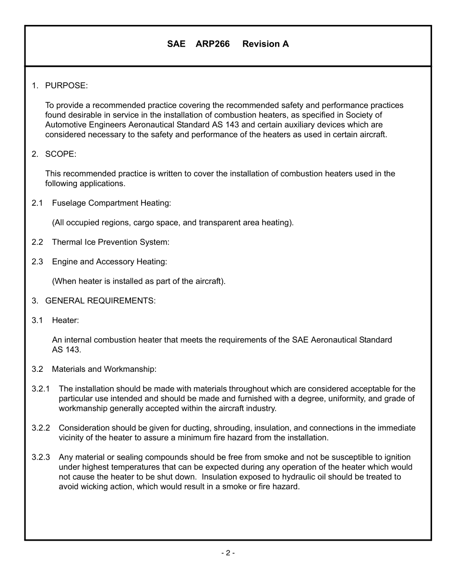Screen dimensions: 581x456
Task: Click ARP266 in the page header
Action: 213,44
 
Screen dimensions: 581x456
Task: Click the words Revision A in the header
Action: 265,44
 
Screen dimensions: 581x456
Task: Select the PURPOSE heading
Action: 66,86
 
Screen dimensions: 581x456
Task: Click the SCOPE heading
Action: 60,154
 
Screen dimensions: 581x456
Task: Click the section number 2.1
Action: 37,203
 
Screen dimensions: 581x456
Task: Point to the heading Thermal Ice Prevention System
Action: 110,242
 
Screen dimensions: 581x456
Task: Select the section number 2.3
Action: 37,262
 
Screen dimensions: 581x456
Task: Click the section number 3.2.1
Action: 41,389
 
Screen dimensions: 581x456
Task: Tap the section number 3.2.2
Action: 41,428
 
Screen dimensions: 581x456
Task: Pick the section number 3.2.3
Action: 41,457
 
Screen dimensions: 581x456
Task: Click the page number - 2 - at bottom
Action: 228,553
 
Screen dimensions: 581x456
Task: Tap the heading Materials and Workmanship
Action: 104,369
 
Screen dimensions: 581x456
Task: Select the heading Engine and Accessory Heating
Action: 109,262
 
